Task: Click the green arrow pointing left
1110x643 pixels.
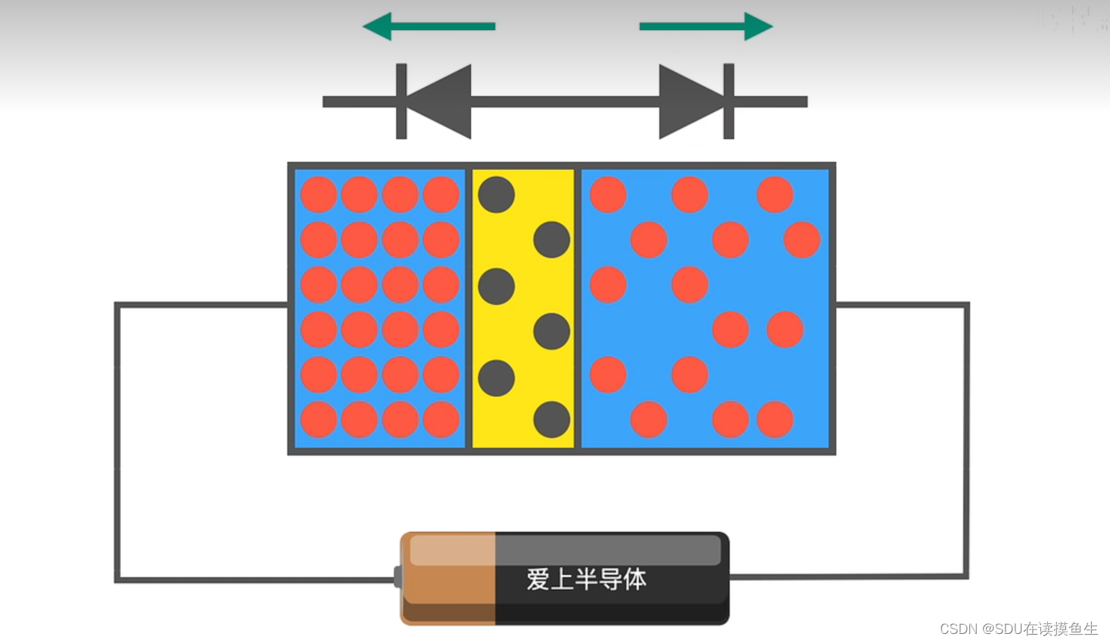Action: pos(428,26)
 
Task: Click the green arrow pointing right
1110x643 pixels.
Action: pos(705,26)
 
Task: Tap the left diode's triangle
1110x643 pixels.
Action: pos(442,101)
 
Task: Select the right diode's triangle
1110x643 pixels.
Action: pos(688,101)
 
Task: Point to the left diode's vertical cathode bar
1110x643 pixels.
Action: pos(402,101)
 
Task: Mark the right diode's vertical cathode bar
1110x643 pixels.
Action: pos(729,101)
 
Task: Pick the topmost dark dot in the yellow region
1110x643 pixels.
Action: pos(497,194)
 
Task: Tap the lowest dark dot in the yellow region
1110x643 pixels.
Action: pos(552,420)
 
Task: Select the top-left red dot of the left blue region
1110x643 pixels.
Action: pos(318,194)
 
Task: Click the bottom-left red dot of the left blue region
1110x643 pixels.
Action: pos(318,420)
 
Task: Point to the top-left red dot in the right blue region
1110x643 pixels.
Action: pos(608,194)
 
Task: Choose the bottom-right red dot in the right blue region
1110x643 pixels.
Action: pos(775,420)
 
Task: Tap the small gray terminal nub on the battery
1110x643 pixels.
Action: pos(397,577)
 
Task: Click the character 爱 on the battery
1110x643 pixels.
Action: pos(538,579)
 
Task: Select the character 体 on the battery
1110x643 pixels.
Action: pos(635,579)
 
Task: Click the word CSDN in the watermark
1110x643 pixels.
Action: pos(958,629)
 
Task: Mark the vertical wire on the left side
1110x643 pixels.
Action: pos(117,443)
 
